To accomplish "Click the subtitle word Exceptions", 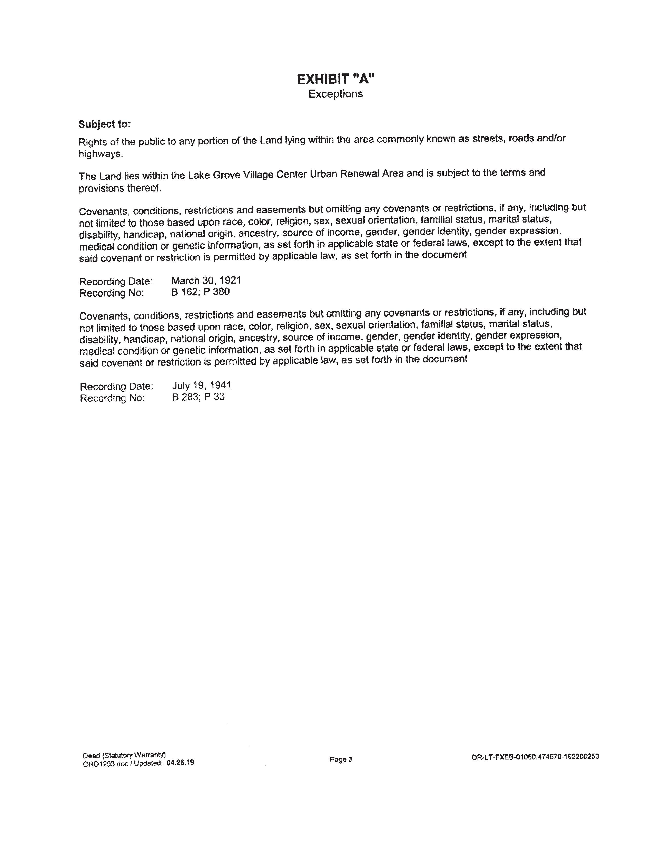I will pyautogui.click(x=335, y=94).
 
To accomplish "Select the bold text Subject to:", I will pyautogui.click(x=105, y=124).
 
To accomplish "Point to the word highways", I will pyautogui.click(x=100, y=154).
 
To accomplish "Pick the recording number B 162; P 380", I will pyautogui.click(x=200, y=292).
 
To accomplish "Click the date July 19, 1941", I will pyautogui.click(x=202, y=386).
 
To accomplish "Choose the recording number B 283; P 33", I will pyautogui.click(x=198, y=397).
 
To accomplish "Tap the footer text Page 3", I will pyautogui.click(x=341, y=759).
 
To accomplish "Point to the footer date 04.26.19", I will pyautogui.click(x=180, y=763).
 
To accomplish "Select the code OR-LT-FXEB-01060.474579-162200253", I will pyautogui.click(x=535, y=756).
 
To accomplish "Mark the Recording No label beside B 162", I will pyautogui.click(x=112, y=293).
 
